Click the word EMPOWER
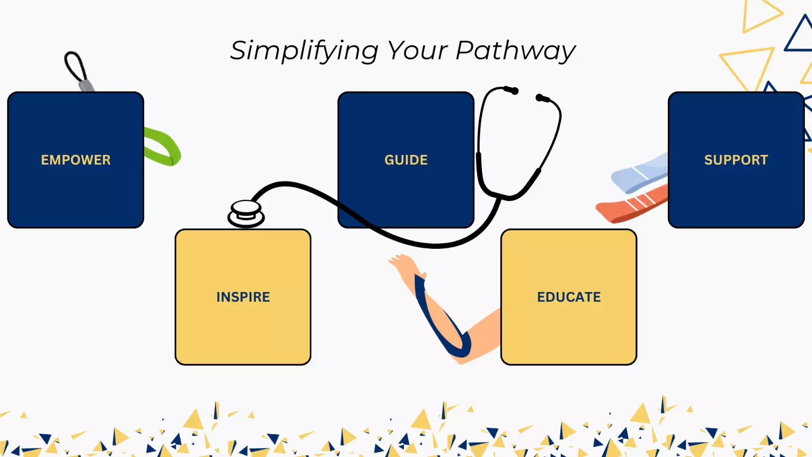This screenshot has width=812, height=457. tap(76, 160)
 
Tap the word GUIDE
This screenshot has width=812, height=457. tap(406, 160)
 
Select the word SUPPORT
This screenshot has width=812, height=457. tap(736, 160)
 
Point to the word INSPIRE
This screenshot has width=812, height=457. tap(243, 297)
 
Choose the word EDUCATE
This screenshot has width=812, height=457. tap(569, 297)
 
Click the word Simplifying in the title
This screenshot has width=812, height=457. tap(304, 51)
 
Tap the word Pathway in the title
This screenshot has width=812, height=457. tap(515, 51)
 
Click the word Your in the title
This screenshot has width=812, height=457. tap(417, 50)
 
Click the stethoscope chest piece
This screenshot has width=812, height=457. tap(246, 213)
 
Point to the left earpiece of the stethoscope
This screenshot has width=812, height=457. tap(513, 90)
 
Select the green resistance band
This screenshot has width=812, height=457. tap(163, 147)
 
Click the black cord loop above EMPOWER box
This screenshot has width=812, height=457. tap(75, 66)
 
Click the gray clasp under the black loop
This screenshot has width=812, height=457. tap(86, 85)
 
